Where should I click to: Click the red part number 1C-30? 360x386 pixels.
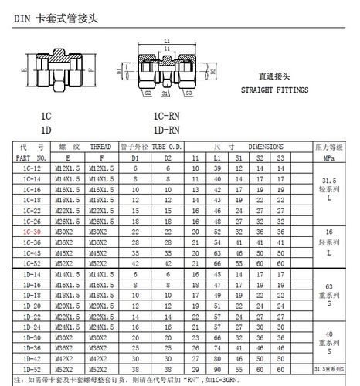32,232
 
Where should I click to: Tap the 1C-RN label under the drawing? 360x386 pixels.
167,116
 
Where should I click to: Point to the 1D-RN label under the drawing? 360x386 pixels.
167,129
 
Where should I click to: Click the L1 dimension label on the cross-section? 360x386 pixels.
167,40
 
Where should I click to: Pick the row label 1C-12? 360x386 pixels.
32,168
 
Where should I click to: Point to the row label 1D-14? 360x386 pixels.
32,274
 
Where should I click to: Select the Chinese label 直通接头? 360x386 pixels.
273,76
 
